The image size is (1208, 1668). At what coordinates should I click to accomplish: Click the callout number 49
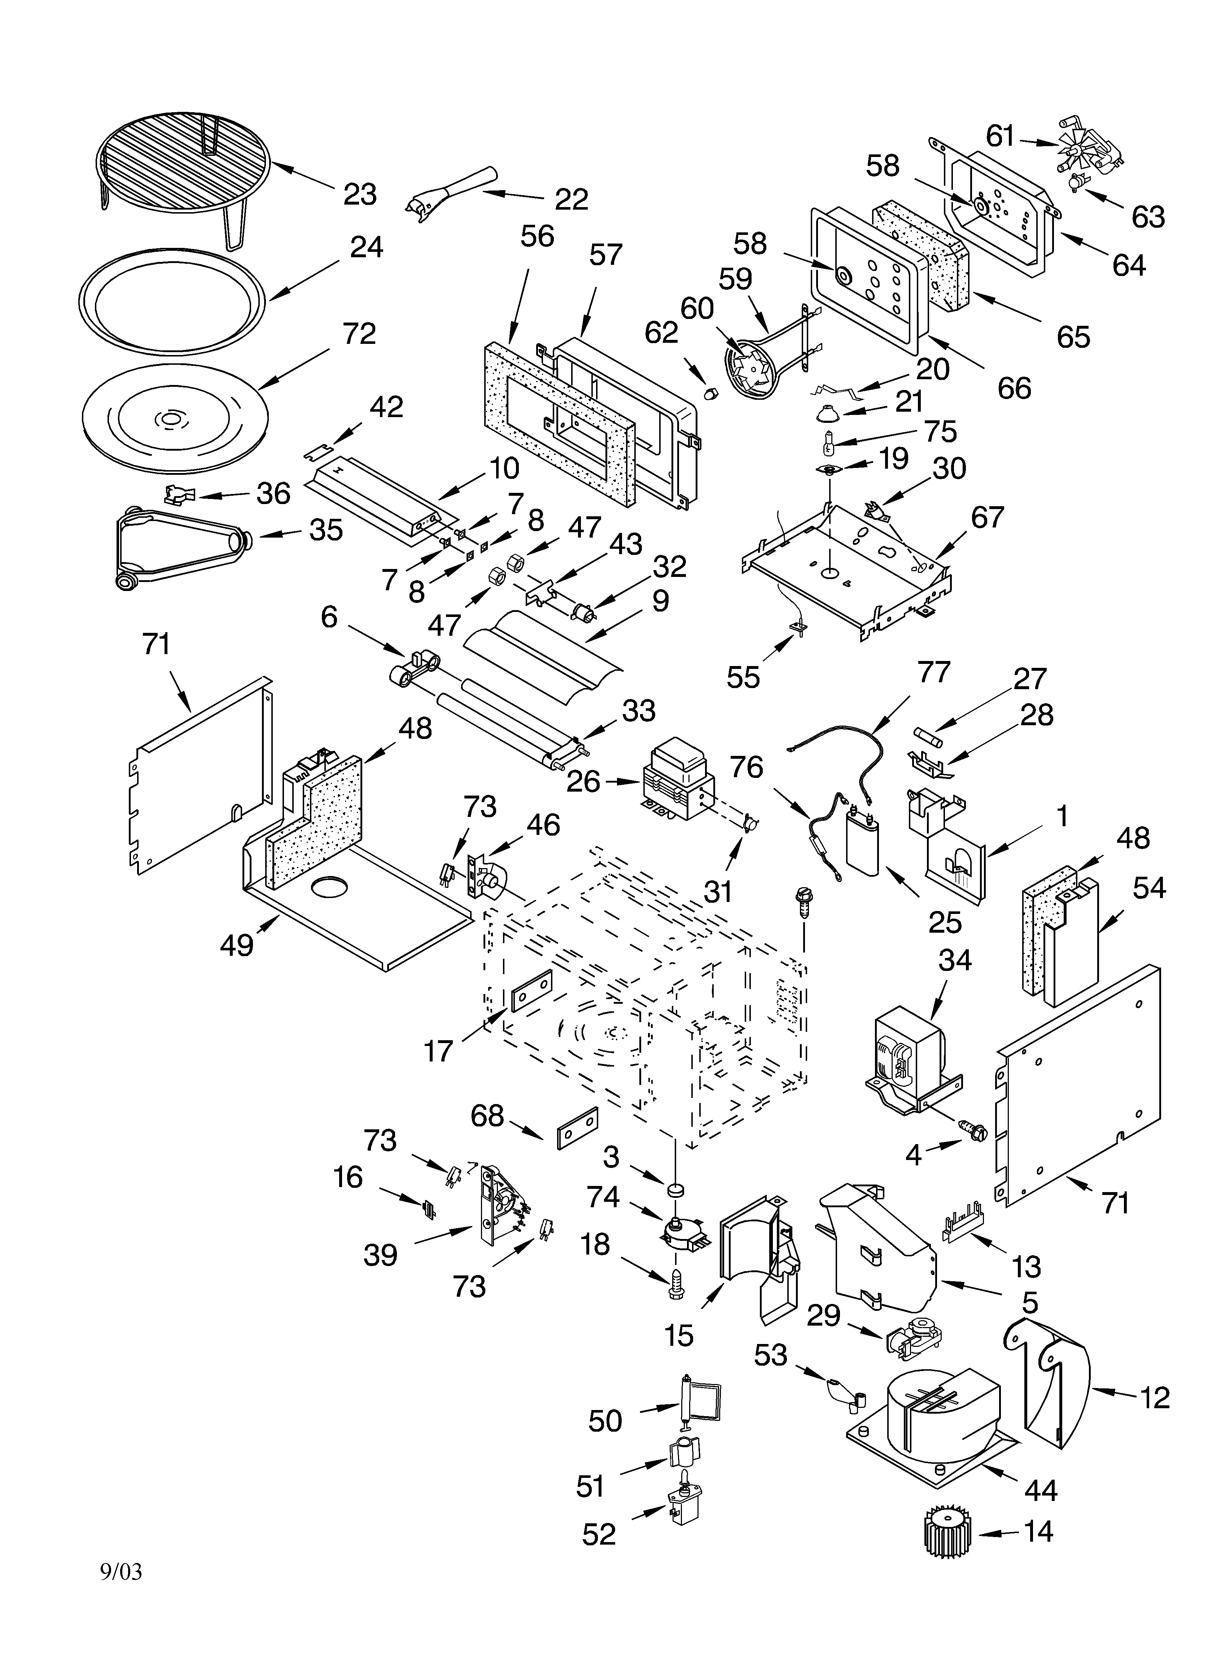click(237, 945)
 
